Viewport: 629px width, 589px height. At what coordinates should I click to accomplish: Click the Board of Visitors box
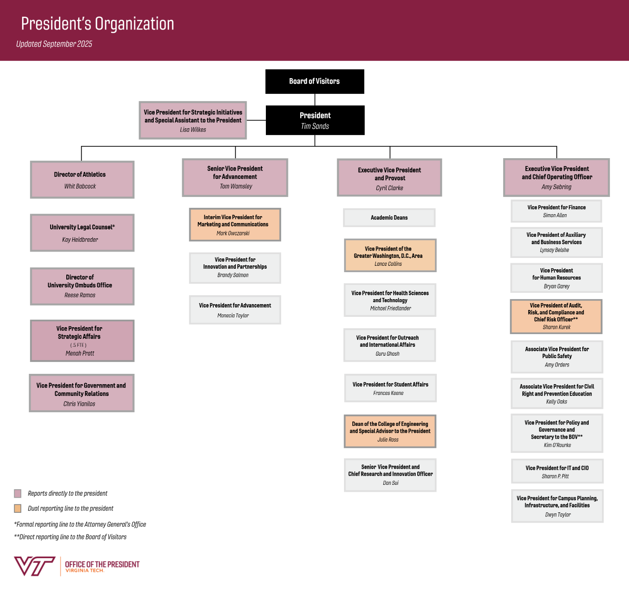pyautogui.click(x=314, y=82)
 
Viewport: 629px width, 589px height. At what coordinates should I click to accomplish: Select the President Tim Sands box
pyautogui.click(x=315, y=120)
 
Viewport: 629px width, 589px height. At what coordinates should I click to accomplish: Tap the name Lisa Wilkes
pyautogui.click(x=193, y=130)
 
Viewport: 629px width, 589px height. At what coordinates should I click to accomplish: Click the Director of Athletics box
pyautogui.click(x=82, y=180)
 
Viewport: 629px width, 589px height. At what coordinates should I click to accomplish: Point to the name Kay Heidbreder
pyautogui.click(x=80, y=240)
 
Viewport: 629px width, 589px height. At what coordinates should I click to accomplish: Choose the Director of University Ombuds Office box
pyautogui.click(x=82, y=286)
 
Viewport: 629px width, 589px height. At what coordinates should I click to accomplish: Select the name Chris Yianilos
pyautogui.click(x=79, y=404)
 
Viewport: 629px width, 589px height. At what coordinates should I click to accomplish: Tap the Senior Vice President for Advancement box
pyautogui.click(x=235, y=177)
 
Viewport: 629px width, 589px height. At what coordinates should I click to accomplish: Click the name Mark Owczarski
pyautogui.click(x=233, y=233)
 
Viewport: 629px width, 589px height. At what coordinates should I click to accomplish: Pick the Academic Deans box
pyautogui.click(x=389, y=218)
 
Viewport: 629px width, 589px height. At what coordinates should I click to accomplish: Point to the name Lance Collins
pyautogui.click(x=388, y=264)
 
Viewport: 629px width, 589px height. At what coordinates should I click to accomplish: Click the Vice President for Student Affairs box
pyautogui.click(x=390, y=388)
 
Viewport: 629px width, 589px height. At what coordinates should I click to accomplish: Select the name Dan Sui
pyautogui.click(x=391, y=483)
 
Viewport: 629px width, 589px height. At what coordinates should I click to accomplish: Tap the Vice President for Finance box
pyautogui.click(x=556, y=211)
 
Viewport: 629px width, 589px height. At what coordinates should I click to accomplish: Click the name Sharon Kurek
pyautogui.click(x=557, y=327)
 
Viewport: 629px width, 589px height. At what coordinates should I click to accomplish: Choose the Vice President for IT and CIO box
pyautogui.click(x=557, y=472)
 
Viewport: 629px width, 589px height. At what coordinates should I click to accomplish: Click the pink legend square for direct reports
pyautogui.click(x=18, y=493)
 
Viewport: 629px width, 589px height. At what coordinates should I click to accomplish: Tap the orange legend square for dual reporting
pyautogui.click(x=18, y=508)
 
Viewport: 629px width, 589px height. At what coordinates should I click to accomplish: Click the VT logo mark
pyautogui.click(x=34, y=566)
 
